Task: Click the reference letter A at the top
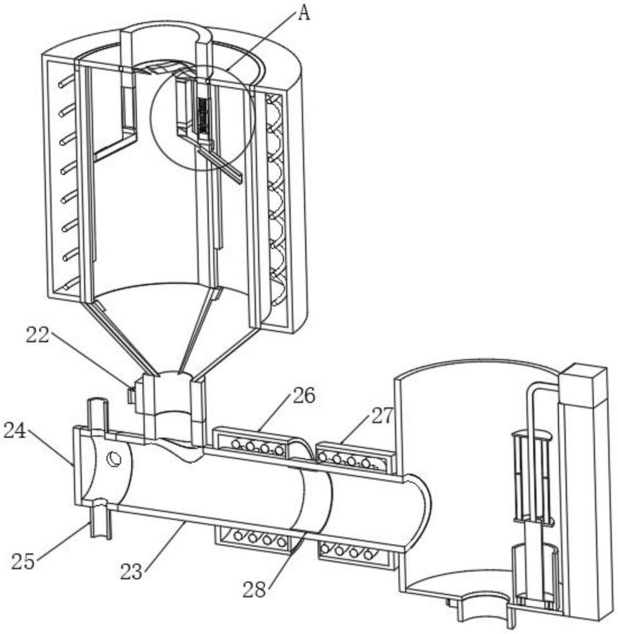tap(304, 14)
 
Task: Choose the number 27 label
tap(382, 416)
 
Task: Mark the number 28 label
tap(255, 588)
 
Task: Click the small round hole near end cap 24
tap(115, 458)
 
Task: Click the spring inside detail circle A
tap(203, 114)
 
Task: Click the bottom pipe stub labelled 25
tap(100, 519)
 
